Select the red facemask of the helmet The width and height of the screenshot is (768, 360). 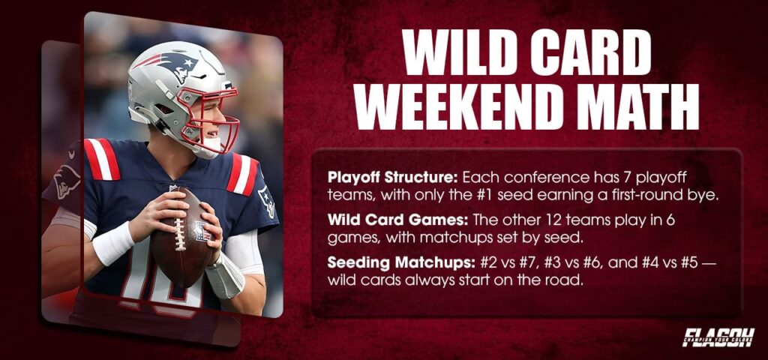click(x=217, y=120)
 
